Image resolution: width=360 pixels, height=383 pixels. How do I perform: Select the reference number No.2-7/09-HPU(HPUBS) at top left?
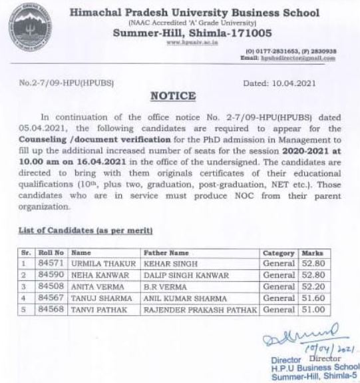coord(59,85)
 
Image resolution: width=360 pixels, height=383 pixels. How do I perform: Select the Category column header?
coord(278,253)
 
